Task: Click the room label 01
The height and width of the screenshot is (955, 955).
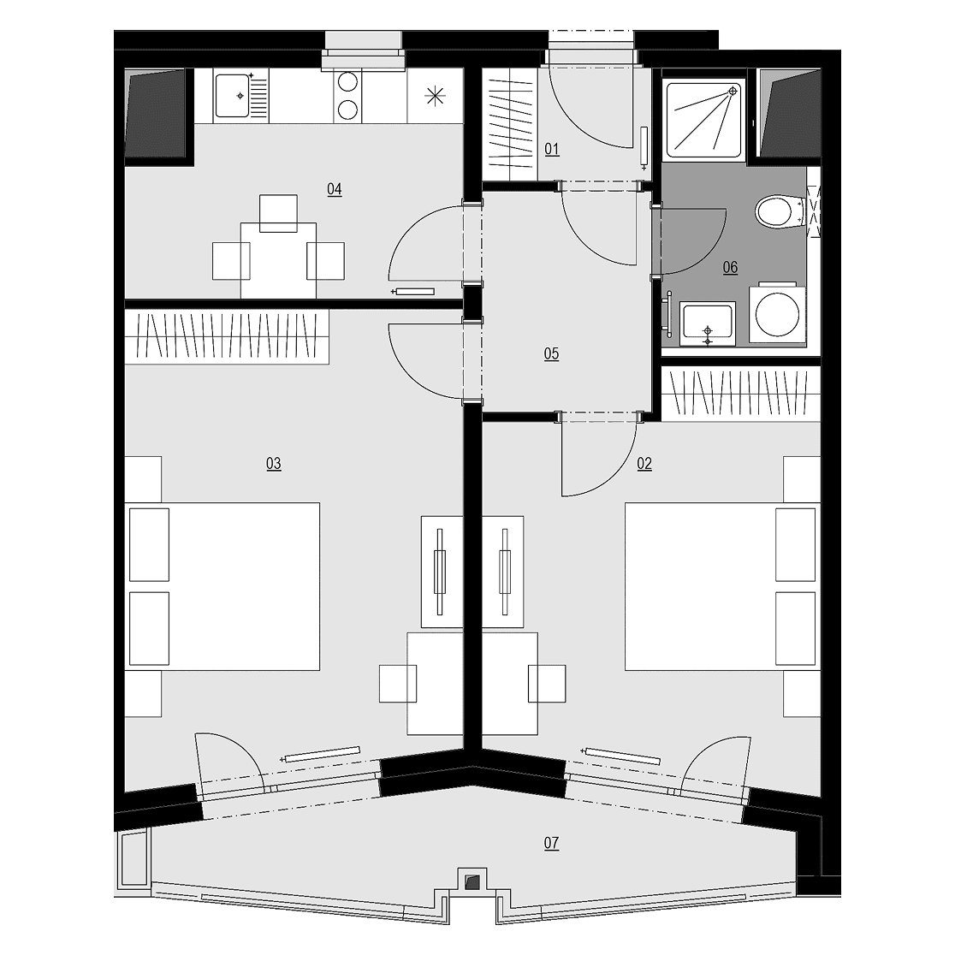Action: pos(552,149)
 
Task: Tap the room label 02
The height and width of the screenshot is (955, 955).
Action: pos(644,464)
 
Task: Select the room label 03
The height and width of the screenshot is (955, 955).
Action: pos(274,464)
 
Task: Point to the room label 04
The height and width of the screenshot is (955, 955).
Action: pos(335,189)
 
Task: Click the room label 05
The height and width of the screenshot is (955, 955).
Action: pos(551,354)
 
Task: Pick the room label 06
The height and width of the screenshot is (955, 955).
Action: pos(730,267)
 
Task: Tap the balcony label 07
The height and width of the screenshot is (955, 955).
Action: pos(551,844)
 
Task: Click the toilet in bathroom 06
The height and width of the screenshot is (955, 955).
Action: pos(780,212)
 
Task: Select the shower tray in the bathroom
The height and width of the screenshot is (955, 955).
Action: pos(704,120)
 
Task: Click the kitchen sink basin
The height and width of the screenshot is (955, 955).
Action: pos(232,95)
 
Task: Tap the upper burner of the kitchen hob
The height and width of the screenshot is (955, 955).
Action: pos(347,83)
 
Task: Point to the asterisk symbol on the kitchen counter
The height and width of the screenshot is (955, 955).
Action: pos(435,96)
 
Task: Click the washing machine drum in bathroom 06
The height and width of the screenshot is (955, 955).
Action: pos(777,314)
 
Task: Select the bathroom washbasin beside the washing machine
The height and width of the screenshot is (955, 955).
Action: pos(707,324)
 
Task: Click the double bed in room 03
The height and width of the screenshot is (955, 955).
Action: pos(222,586)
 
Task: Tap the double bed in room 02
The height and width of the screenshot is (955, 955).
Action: pos(723,586)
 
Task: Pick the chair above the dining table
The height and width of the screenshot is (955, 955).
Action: pos(278,213)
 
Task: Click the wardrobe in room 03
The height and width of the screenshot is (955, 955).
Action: pos(227,337)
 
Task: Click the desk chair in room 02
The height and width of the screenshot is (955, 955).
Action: pos(547,684)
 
